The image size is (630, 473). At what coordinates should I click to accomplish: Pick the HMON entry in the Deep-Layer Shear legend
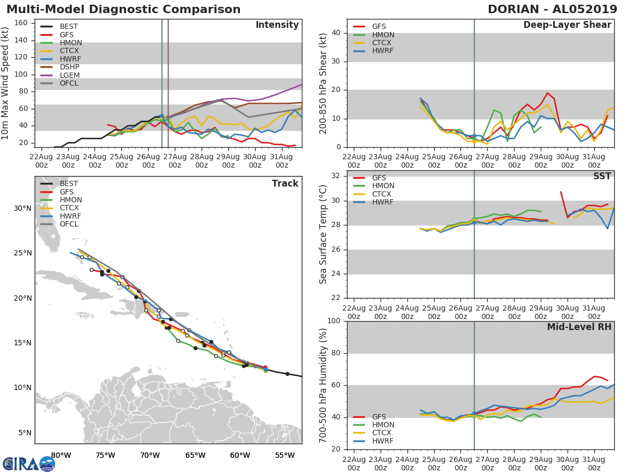click(x=382, y=35)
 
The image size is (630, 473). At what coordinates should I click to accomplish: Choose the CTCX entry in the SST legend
click(x=382, y=194)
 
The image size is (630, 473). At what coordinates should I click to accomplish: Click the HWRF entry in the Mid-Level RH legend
click(x=382, y=441)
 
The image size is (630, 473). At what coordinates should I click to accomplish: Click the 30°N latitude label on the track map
click(x=22, y=208)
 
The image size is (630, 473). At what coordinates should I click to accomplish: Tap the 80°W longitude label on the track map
click(x=61, y=455)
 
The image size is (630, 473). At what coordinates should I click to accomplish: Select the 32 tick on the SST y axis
click(x=335, y=176)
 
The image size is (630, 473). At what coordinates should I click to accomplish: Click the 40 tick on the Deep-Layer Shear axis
click(x=335, y=33)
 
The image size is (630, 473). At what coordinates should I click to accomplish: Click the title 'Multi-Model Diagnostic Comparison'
click(x=123, y=9)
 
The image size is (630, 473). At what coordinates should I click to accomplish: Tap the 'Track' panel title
click(x=285, y=183)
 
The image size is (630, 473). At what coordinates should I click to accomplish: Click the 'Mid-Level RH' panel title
click(x=579, y=327)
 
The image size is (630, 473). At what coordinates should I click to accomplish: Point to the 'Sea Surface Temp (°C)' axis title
click(x=323, y=234)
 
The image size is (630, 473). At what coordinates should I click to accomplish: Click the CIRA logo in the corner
click(x=29, y=464)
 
